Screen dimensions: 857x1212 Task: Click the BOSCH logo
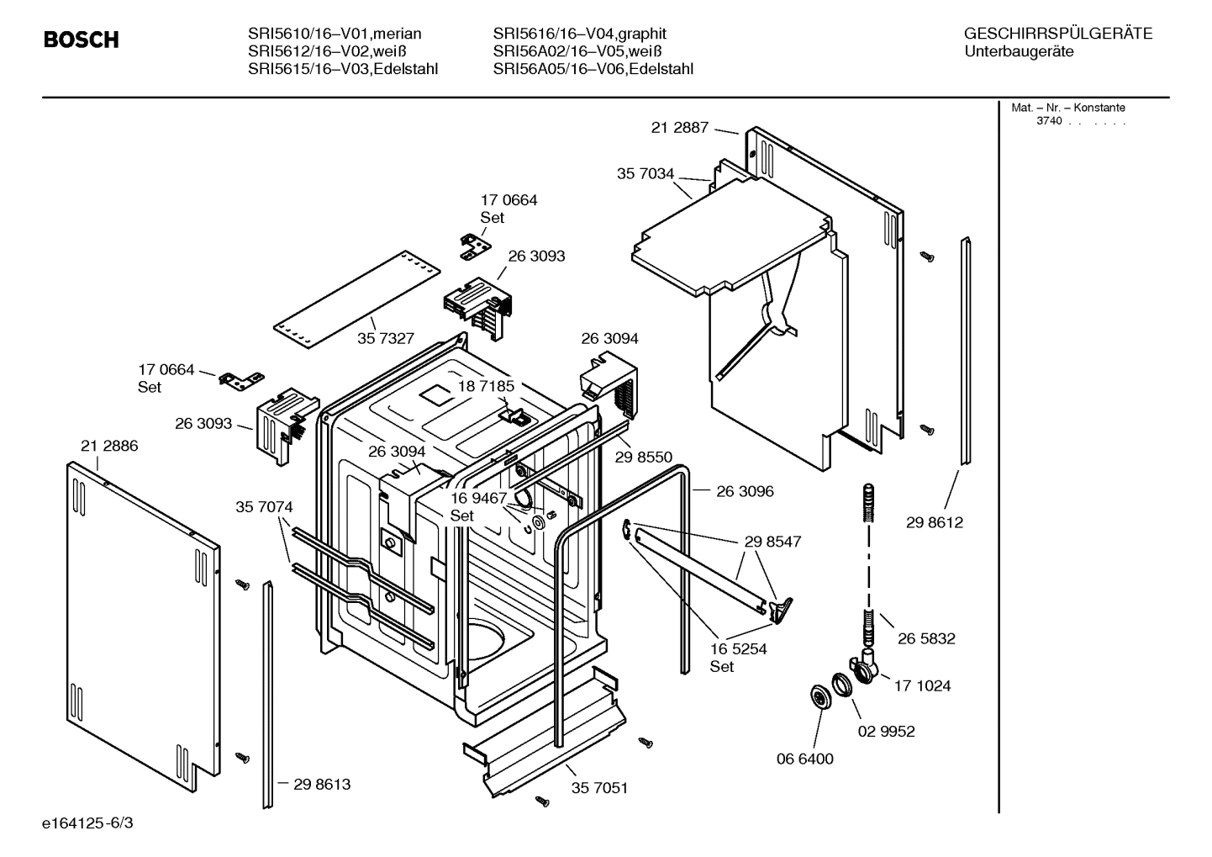click(81, 40)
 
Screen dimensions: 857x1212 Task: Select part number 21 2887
click(679, 128)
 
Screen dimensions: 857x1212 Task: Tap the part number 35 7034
click(646, 174)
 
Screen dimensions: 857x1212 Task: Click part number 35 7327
click(386, 338)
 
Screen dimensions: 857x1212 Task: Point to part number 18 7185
click(486, 386)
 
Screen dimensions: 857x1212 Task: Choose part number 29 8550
click(643, 457)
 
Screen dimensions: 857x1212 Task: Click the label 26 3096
click(745, 491)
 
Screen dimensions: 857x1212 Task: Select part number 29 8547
click(772, 542)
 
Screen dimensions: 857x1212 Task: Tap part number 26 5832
click(926, 638)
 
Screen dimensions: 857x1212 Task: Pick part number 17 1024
click(922, 685)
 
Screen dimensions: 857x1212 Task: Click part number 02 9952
click(886, 731)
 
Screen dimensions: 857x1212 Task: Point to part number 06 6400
click(804, 759)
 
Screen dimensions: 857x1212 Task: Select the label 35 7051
click(599, 788)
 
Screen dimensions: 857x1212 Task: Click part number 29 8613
click(322, 784)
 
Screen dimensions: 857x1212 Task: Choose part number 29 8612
click(935, 522)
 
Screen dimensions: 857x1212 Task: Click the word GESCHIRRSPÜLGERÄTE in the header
click(1057, 34)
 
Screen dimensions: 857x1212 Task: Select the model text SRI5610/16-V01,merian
click(335, 34)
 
